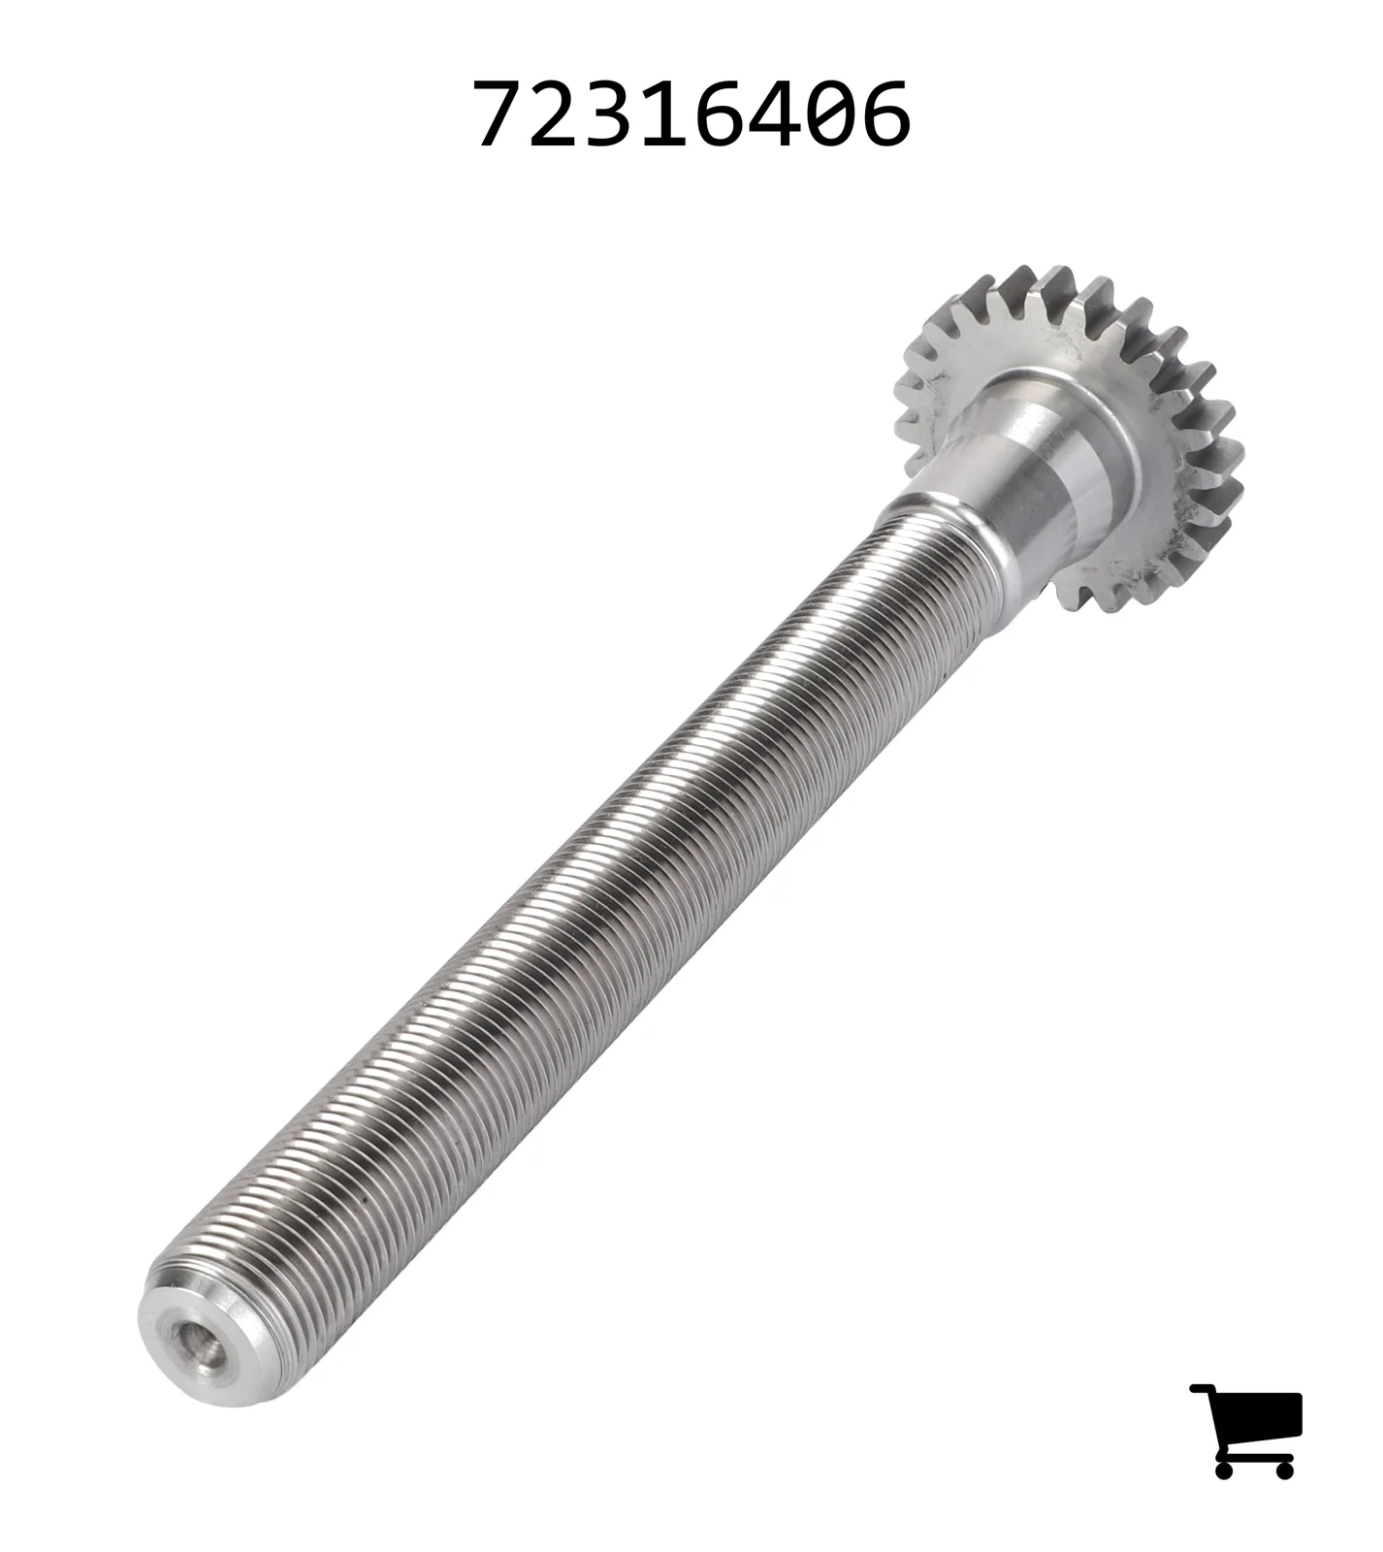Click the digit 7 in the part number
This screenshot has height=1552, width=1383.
500,114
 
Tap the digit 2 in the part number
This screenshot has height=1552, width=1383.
555,114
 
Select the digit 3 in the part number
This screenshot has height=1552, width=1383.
610,114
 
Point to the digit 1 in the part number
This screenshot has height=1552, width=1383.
666,114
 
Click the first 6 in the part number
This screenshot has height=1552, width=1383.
721,114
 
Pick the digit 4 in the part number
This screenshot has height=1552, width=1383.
775,114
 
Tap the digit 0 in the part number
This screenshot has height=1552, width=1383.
831,114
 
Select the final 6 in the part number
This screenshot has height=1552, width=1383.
886,114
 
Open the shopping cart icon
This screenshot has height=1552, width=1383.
1246,1431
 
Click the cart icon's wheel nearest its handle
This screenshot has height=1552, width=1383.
1224,1470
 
